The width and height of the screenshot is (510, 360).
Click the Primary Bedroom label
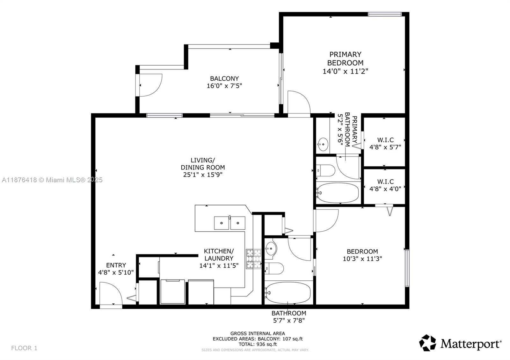345,59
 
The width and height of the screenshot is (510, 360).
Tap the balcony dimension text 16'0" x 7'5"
224,86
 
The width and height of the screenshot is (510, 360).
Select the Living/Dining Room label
203,163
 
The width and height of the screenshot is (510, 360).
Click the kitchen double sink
229,223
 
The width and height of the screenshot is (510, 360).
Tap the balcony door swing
150,85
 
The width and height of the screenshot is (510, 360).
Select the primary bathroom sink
323,144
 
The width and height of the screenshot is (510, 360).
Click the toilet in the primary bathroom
325,170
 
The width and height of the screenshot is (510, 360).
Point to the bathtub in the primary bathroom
338,193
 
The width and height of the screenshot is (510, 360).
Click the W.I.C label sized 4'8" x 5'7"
385,143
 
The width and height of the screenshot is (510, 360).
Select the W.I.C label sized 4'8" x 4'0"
385,185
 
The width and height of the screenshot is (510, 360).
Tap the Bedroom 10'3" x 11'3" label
362,255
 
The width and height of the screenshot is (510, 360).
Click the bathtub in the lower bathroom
288,292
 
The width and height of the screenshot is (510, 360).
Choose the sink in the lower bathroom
271,248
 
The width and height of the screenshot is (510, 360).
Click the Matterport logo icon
427,343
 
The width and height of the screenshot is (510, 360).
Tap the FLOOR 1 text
24,348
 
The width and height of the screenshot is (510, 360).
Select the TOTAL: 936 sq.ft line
258,344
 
